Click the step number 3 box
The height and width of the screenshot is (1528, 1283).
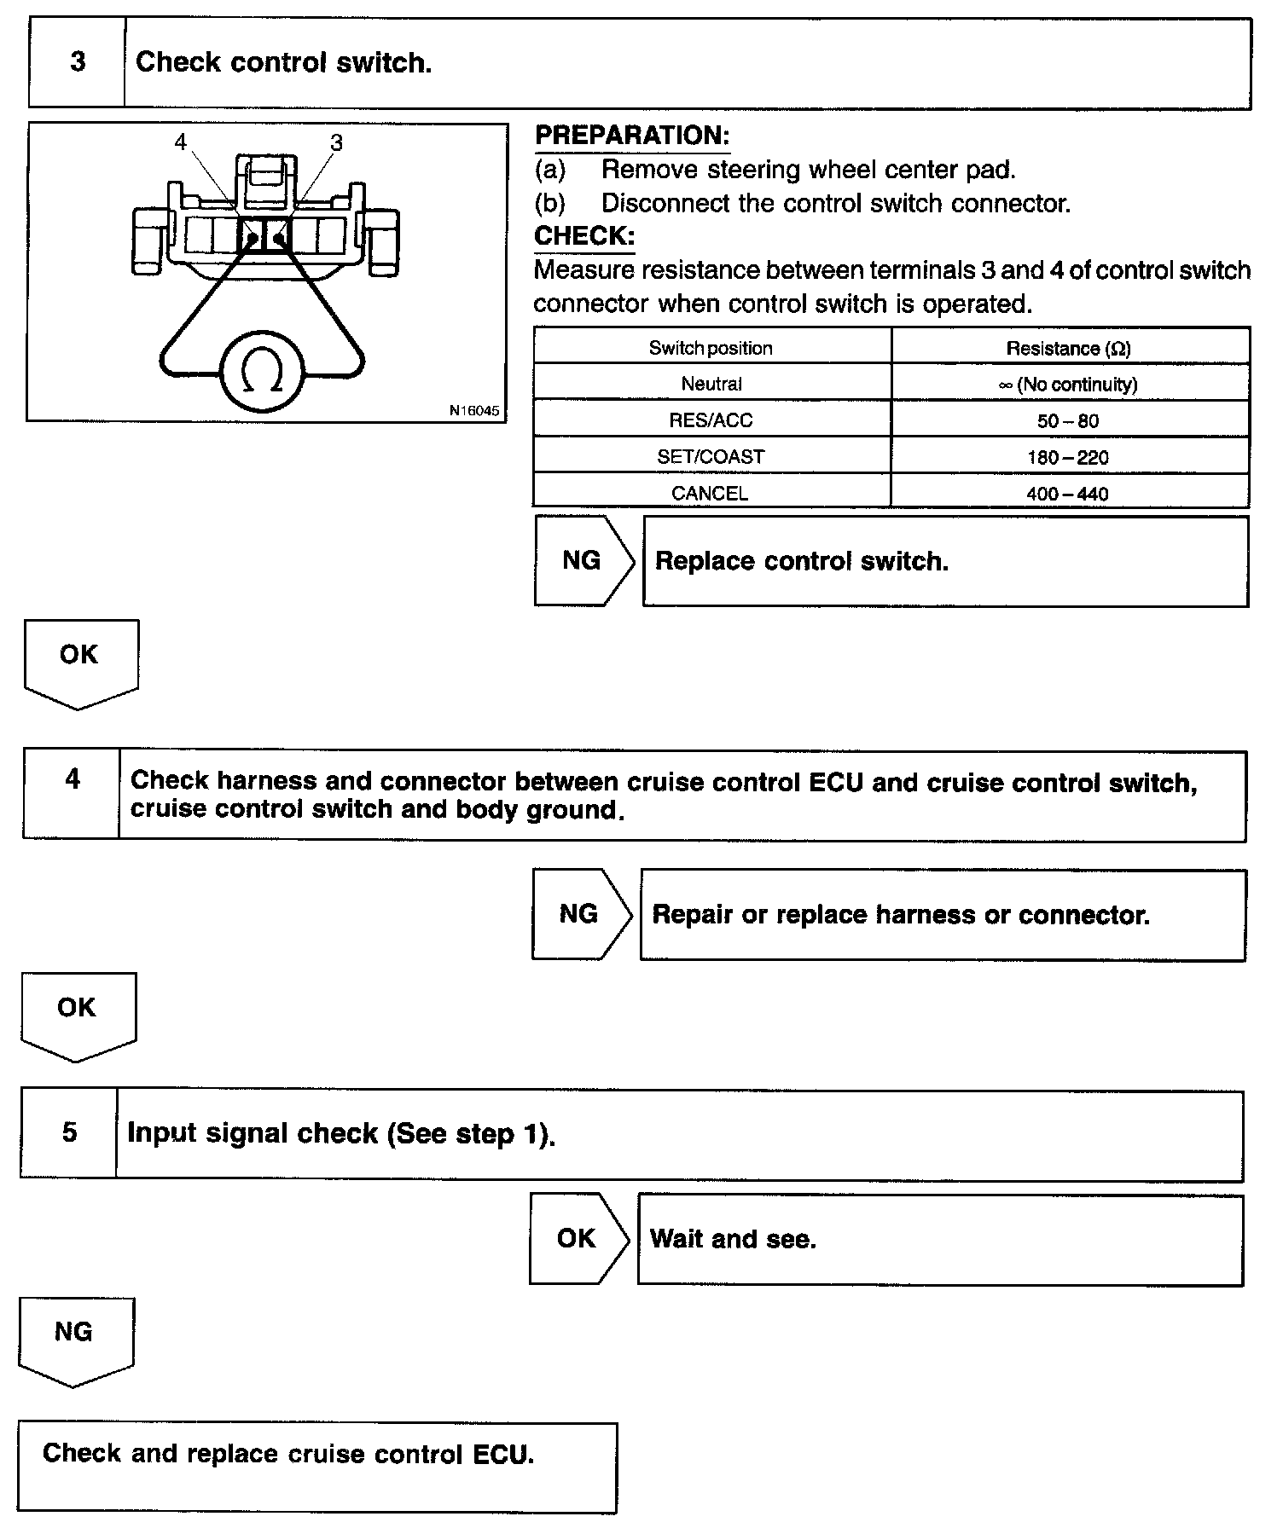77,63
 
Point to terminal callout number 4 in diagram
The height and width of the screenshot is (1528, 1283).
180,142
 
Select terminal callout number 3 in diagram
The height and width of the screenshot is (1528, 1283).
336,142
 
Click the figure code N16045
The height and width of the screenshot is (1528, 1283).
473,410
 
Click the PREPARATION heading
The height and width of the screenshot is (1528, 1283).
631,136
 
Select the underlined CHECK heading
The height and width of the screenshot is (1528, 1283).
584,236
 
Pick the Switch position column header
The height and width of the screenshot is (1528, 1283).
711,348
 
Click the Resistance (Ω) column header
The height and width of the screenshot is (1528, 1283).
1069,348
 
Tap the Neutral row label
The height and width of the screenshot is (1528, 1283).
711,385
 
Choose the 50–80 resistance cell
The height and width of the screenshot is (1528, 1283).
1069,421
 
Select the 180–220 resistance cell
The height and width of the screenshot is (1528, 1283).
1068,458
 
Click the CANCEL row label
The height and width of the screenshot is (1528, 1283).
710,494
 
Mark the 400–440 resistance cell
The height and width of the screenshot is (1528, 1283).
1068,494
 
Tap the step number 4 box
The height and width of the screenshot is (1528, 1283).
73,779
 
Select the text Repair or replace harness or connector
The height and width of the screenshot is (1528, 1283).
901,915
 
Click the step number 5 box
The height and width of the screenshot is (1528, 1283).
70,1132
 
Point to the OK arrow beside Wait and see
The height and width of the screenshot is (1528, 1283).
577,1238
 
